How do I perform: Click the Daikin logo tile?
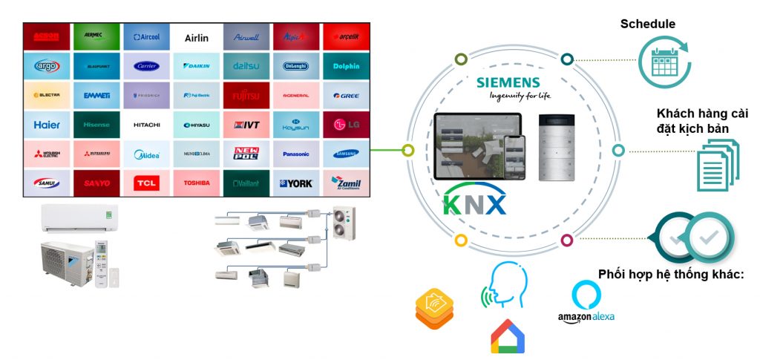(x=197, y=66)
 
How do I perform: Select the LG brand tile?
(x=346, y=125)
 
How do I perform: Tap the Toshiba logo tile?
(x=197, y=183)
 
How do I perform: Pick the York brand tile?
(x=296, y=183)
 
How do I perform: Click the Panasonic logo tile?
(x=296, y=154)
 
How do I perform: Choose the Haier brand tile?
(x=47, y=125)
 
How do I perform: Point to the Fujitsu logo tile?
(x=246, y=96)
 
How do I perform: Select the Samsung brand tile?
(x=346, y=154)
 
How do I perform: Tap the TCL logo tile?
(x=146, y=183)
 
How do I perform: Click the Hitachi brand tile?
(x=146, y=125)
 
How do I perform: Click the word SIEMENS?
(x=510, y=82)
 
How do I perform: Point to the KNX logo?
(x=475, y=201)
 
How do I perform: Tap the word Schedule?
(x=648, y=24)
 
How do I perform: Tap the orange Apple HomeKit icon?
(x=434, y=310)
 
